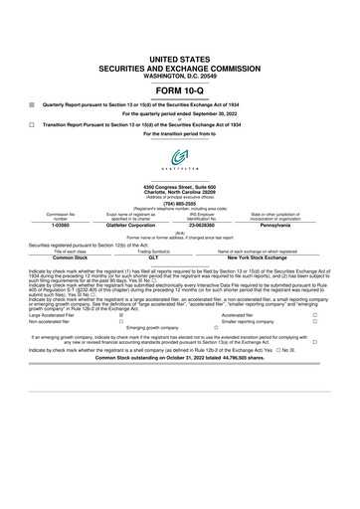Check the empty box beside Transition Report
click(x=32, y=124)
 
